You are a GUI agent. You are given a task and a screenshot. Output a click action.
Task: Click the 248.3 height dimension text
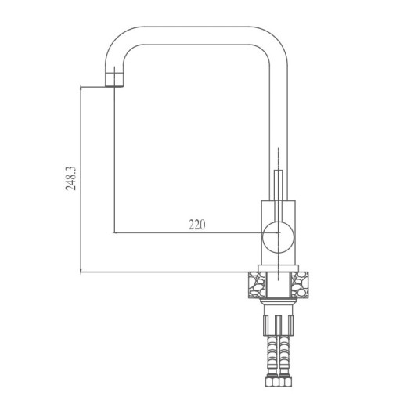pyautogui.click(x=71, y=178)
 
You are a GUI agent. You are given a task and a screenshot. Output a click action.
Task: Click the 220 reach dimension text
pyautogui.click(x=196, y=225)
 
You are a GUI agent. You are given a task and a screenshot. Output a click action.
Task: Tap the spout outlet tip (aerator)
pyautogui.click(x=114, y=79)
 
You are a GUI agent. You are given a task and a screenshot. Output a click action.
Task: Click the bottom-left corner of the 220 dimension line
pyautogui.click(x=114, y=233)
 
